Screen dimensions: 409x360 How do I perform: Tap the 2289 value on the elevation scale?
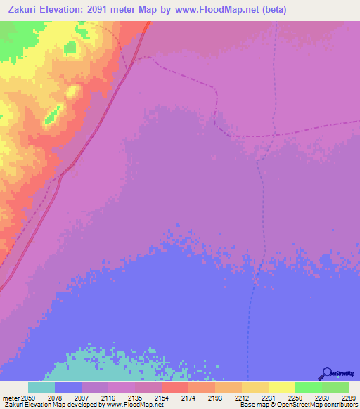(349, 397)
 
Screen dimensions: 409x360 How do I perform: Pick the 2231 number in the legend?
(268, 397)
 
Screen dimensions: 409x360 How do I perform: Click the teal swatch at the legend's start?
(41, 387)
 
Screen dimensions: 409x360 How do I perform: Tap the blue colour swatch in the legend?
(67, 387)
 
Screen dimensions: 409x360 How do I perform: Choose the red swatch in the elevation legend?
(174, 387)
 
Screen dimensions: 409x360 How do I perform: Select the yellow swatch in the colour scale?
(281, 387)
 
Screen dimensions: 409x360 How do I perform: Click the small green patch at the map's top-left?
(70, 48)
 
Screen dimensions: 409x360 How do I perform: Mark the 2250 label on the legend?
(295, 397)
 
